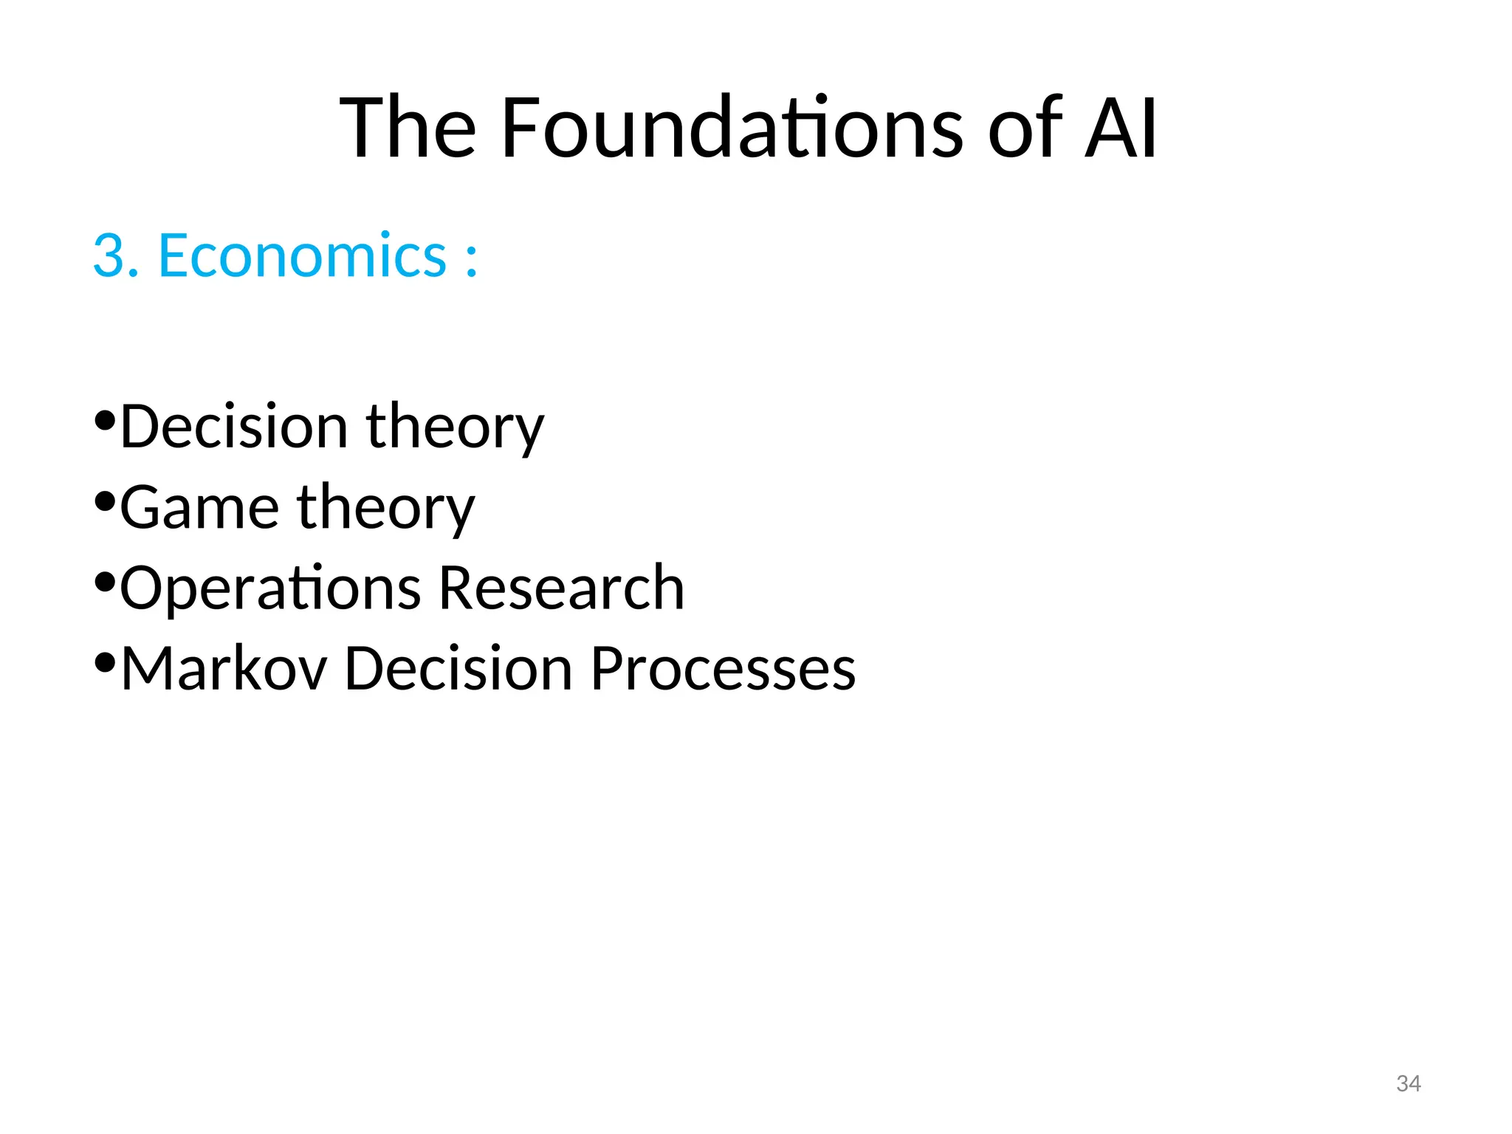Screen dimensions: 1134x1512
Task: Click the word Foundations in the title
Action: click(x=731, y=128)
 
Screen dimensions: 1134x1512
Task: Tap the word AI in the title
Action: click(x=1120, y=128)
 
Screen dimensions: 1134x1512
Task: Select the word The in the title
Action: click(x=408, y=128)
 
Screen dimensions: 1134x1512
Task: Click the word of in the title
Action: click(x=1025, y=128)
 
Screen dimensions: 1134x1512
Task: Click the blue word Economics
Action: click(x=303, y=255)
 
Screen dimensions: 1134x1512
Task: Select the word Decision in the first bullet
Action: click(x=233, y=427)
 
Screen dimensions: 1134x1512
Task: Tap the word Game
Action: click(x=199, y=508)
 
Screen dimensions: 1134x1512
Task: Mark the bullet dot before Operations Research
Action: click(x=105, y=582)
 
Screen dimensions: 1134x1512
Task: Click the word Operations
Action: click(x=270, y=589)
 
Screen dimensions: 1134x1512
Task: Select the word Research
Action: click(x=561, y=588)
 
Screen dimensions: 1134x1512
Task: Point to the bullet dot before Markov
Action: click(x=105, y=662)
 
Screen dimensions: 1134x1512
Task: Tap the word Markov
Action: click(x=224, y=668)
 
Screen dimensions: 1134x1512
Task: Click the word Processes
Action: click(x=723, y=668)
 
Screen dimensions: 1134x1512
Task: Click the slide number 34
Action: click(x=1408, y=1083)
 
